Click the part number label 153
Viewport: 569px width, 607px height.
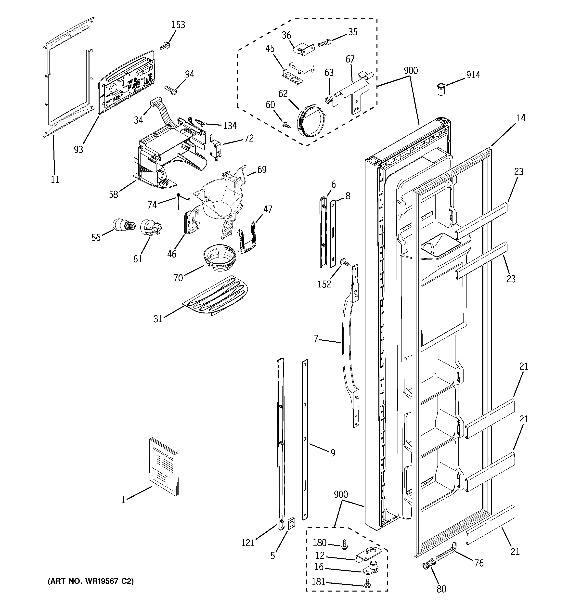coord(178,25)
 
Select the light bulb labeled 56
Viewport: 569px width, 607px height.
coord(123,225)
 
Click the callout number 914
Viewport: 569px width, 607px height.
coord(473,75)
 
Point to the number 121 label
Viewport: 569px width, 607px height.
coord(248,543)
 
